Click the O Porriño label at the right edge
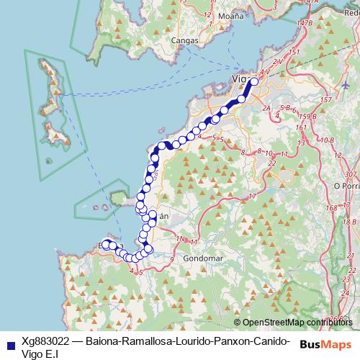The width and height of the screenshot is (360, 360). (x=347, y=185)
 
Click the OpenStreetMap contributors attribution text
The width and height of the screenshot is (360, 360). (x=297, y=322)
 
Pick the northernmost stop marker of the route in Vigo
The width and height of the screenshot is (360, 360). (x=253, y=82)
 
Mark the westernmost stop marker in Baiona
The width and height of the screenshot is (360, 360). (x=105, y=244)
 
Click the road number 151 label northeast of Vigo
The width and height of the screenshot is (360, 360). (x=294, y=53)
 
